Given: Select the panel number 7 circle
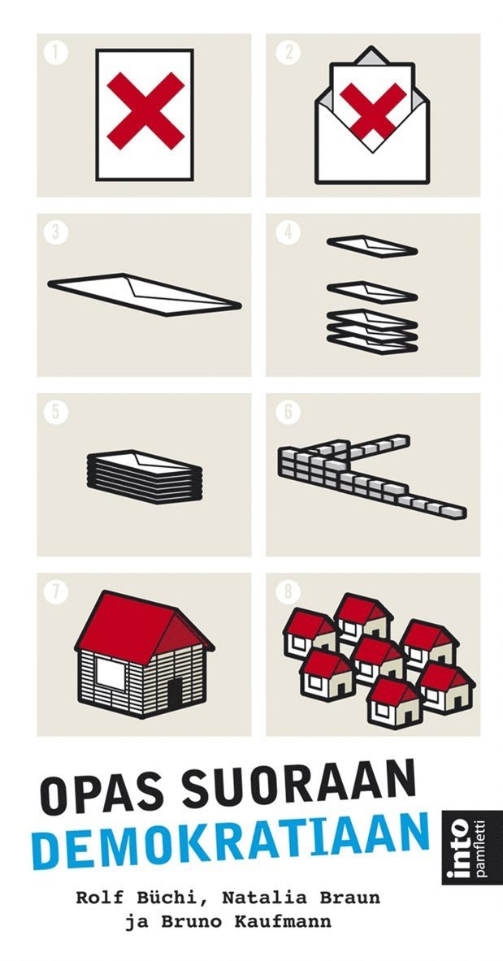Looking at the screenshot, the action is tap(56, 592).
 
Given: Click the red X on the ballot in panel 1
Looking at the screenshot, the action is tap(145, 111).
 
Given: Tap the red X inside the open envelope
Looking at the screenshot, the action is tap(373, 111).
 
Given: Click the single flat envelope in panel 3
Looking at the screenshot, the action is tap(144, 295).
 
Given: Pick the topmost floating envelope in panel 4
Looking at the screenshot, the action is tap(371, 246).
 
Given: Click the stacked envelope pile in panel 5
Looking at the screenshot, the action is tap(145, 477).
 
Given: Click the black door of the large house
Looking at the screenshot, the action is tap(175, 693).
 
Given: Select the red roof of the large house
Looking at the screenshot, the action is tap(144, 627).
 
